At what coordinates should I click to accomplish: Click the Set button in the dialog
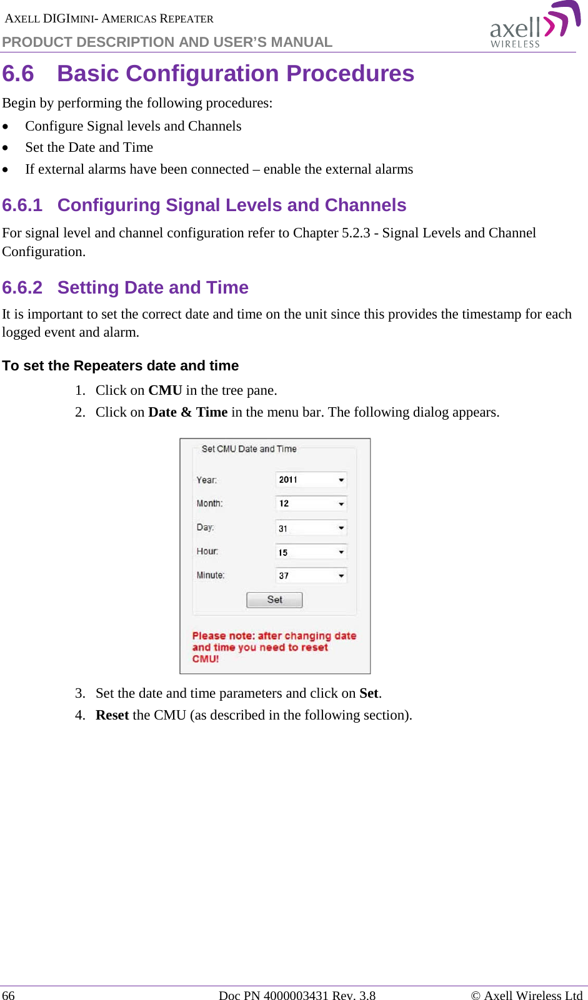[274, 600]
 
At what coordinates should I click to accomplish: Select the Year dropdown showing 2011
[311, 480]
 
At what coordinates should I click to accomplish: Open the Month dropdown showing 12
[311, 503]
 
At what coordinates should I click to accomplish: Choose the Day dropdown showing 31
[311, 528]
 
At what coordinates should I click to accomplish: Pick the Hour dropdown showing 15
[311, 552]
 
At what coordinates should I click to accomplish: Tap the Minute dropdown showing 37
[311, 575]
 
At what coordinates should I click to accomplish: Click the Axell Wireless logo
[534, 25]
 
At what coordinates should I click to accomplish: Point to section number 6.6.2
[22, 287]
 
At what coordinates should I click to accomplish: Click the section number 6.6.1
[22, 205]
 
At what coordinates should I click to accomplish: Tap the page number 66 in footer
[9, 995]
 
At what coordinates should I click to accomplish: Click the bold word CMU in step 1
[165, 390]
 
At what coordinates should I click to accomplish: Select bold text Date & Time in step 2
[187, 412]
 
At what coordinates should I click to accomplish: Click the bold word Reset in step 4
[112, 715]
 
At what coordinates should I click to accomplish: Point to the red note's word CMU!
[206, 659]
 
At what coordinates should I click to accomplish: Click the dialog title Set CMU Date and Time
[249, 449]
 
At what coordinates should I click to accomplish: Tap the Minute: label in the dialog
[211, 575]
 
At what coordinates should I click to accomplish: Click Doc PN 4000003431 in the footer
[272, 995]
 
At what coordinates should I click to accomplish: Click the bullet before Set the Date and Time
[6, 149]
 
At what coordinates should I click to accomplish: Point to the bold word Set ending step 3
[369, 693]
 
